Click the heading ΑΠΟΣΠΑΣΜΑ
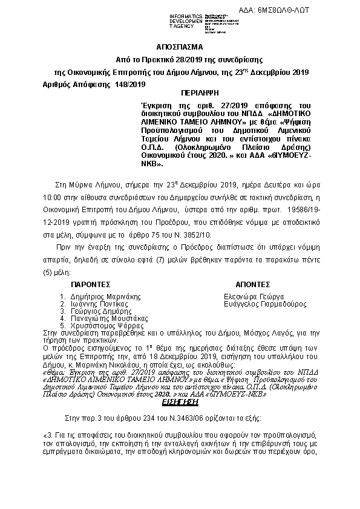click(180, 47)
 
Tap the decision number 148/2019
click(129, 85)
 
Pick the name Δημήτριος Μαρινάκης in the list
click(105, 297)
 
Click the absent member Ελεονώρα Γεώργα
click(254, 297)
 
